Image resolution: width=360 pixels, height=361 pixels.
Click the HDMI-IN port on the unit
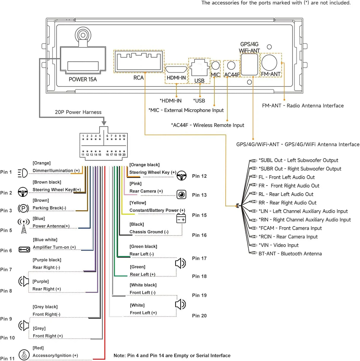pyautogui.click(x=176, y=69)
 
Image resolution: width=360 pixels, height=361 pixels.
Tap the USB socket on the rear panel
pyautogui.click(x=199, y=68)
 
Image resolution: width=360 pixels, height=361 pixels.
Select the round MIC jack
pyautogui.click(x=215, y=66)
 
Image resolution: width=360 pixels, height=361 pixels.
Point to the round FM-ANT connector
pyautogui.click(x=269, y=63)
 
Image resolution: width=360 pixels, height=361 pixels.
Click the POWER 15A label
pyautogui.click(x=83, y=80)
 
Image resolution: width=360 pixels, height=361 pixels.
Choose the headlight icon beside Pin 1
pyautogui.click(x=23, y=173)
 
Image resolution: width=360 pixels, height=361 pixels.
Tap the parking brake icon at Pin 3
pyautogui.click(x=23, y=208)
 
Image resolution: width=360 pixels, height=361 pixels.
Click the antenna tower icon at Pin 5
pyautogui.click(x=24, y=226)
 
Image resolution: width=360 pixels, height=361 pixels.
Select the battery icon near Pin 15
pyautogui.click(x=181, y=218)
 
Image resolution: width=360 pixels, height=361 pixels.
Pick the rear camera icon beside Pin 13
pyautogui.click(x=181, y=194)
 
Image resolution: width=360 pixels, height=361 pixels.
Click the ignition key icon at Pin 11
pyautogui.click(x=24, y=355)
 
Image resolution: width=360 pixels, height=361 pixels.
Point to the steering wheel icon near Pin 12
pyautogui.click(x=181, y=175)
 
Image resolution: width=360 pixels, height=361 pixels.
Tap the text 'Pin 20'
pyautogui.click(x=199, y=316)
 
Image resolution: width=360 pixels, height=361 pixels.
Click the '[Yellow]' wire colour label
pyautogui.click(x=138, y=203)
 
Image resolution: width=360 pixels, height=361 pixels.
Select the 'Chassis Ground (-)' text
pyautogui.click(x=149, y=232)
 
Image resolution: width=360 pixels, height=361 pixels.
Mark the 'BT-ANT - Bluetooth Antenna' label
pyautogui.click(x=290, y=254)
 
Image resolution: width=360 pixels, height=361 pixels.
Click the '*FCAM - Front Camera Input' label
pyautogui.click(x=290, y=228)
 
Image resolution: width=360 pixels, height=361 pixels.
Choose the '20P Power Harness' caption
pyautogui.click(x=78, y=112)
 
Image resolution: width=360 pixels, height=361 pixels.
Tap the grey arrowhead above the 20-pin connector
pyautogui.click(x=104, y=123)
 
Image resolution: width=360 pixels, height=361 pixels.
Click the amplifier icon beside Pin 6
pyautogui.click(x=24, y=250)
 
